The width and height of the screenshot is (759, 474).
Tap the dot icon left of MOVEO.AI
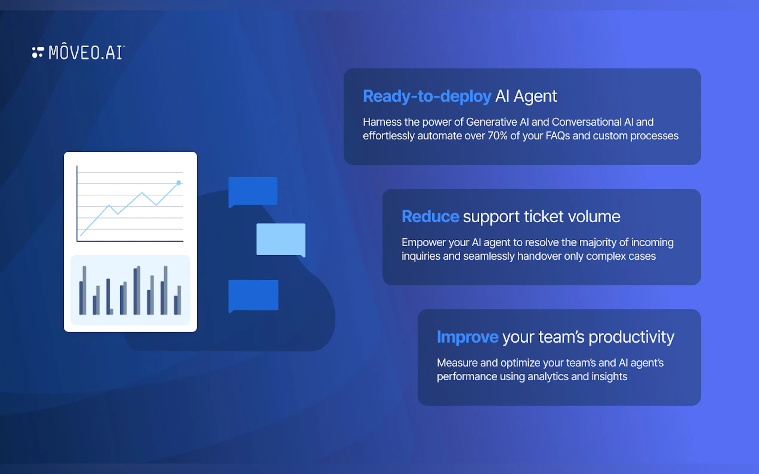(38, 52)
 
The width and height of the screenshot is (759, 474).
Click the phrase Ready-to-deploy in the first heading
(427, 96)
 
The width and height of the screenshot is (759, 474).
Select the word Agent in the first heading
(535, 96)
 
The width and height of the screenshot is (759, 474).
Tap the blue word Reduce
(431, 216)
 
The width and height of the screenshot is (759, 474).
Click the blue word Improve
(468, 337)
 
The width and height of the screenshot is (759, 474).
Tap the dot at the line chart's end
(178, 183)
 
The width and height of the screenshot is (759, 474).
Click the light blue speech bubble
(281, 240)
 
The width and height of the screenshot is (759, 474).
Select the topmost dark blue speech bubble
(253, 191)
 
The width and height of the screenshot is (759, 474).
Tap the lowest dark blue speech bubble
(253, 296)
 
